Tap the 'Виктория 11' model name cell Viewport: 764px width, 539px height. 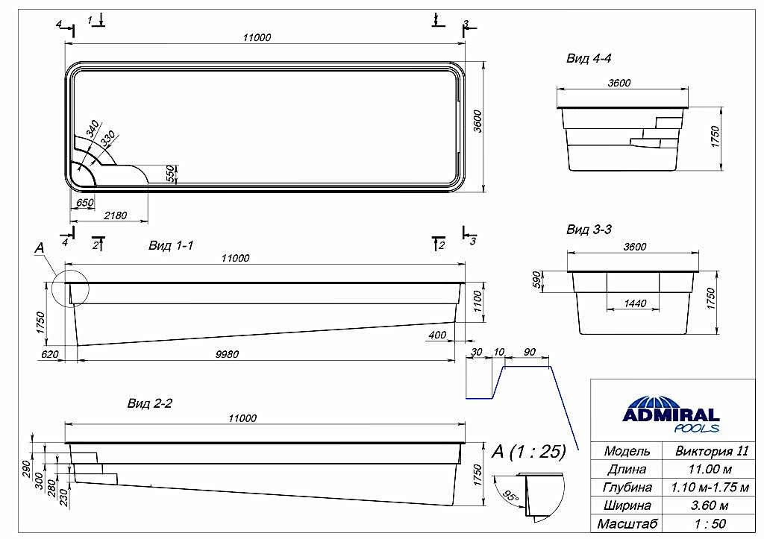point(712,451)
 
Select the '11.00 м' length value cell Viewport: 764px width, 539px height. point(712,469)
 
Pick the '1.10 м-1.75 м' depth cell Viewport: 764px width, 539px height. point(712,488)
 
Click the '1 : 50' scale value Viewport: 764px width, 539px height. point(712,523)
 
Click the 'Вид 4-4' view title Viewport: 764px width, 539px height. point(589,58)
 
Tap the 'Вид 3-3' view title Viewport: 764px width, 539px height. point(589,229)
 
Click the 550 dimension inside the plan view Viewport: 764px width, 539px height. point(171,173)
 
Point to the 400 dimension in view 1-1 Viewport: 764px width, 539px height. point(437,335)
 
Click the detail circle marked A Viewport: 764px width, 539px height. point(71,286)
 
